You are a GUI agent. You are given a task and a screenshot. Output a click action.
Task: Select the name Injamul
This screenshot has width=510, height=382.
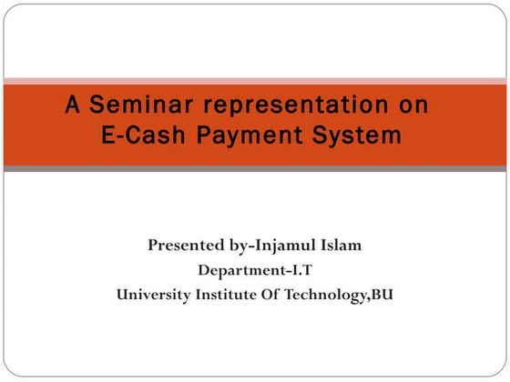tap(287, 246)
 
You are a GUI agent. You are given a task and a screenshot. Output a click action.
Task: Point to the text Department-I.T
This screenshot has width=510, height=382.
tap(255, 270)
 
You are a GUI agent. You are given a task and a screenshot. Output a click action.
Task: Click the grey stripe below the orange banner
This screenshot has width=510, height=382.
tap(255, 168)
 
